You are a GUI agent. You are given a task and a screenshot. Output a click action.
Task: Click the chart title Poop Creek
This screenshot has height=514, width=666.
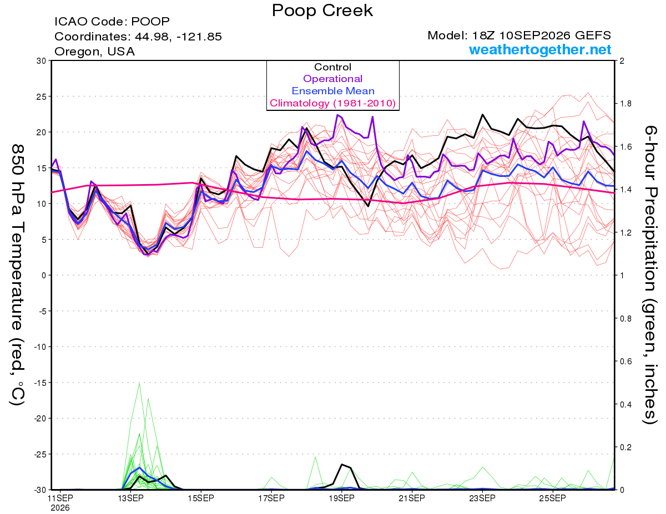click(x=322, y=11)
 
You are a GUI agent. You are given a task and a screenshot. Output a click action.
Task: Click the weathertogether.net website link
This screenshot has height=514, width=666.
click(x=540, y=49)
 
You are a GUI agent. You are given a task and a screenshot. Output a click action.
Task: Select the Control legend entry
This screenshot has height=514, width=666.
click(x=332, y=67)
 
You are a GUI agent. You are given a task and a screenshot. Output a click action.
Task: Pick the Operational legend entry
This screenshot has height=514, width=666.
click(x=332, y=79)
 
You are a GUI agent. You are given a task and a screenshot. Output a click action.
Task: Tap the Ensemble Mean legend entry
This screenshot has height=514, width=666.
click(x=333, y=91)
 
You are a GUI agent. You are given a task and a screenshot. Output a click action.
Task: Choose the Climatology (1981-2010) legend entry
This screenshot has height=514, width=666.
click(x=332, y=103)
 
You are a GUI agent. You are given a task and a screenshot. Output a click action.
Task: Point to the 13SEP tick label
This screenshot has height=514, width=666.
click(x=130, y=498)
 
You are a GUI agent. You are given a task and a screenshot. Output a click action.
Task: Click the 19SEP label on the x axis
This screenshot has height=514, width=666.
click(x=341, y=498)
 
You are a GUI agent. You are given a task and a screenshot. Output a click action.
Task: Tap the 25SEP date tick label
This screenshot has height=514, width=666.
click(x=553, y=498)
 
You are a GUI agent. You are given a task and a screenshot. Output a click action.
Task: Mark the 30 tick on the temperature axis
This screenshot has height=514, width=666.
click(x=42, y=61)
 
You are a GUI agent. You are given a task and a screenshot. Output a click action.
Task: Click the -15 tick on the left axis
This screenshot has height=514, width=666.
click(x=40, y=383)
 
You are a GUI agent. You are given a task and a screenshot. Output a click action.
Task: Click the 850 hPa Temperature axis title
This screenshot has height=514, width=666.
click(x=17, y=275)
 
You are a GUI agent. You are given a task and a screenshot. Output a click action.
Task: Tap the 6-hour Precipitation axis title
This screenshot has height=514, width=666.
click(x=650, y=275)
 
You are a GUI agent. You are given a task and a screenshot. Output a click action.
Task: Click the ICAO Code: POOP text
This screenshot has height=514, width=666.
click(x=112, y=22)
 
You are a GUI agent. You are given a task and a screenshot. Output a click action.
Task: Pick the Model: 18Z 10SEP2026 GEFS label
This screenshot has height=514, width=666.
click(x=519, y=35)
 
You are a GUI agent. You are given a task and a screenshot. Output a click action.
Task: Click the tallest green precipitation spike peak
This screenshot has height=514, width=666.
click(x=139, y=383)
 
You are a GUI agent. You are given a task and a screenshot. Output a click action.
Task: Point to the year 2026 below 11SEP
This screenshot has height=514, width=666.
click(x=60, y=508)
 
